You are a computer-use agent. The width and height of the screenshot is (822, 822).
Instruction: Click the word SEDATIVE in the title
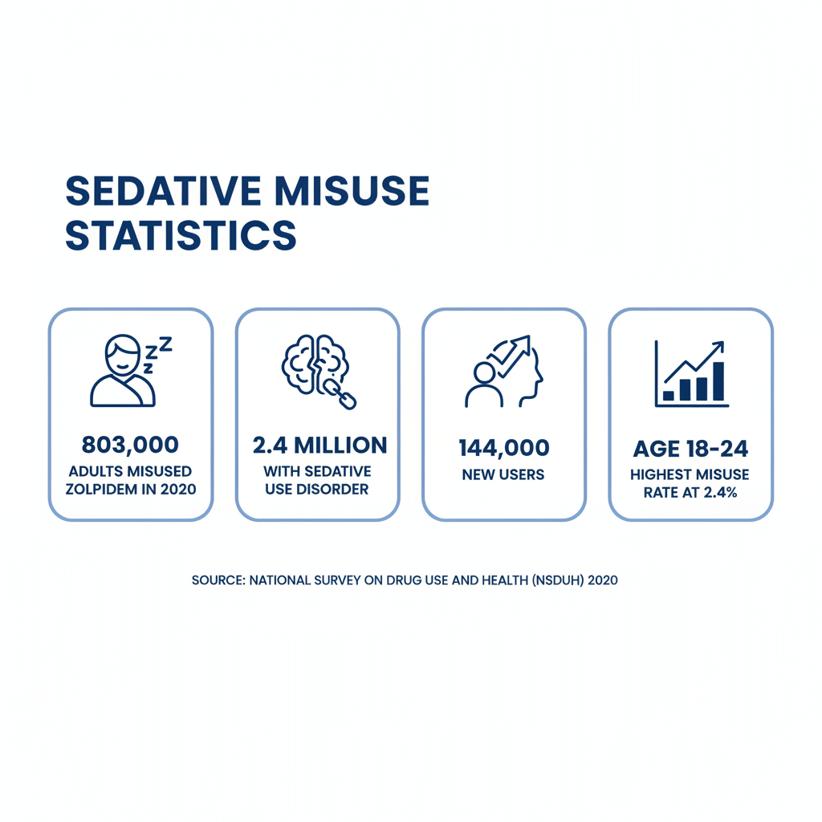pos(163,191)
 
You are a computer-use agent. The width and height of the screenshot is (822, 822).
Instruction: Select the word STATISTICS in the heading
pos(181,235)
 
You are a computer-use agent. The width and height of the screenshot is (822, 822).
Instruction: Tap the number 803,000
pos(130,445)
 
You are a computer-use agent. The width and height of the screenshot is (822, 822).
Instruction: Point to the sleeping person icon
pos(123,371)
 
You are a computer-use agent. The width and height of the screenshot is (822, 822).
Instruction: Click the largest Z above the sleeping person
pos(165,344)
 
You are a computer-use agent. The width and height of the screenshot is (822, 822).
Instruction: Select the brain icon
pos(316,365)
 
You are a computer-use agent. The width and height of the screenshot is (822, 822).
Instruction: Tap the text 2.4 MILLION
pos(319,445)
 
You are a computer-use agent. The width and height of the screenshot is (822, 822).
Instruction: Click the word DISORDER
pos(332,489)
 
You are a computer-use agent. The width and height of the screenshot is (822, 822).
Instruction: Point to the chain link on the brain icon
pos(340,395)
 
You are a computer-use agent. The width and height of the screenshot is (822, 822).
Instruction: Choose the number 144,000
pos(504,448)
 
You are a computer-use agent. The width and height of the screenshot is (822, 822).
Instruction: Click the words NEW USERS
pos(503,474)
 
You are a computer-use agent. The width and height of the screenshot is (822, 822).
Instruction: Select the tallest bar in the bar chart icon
pos(718,381)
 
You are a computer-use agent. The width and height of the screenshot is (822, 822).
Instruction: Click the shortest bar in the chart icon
pos(669,395)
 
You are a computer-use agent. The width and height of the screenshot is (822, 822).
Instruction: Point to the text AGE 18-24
pos(690,449)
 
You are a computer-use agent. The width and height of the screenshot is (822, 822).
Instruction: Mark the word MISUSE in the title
pos(352,191)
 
